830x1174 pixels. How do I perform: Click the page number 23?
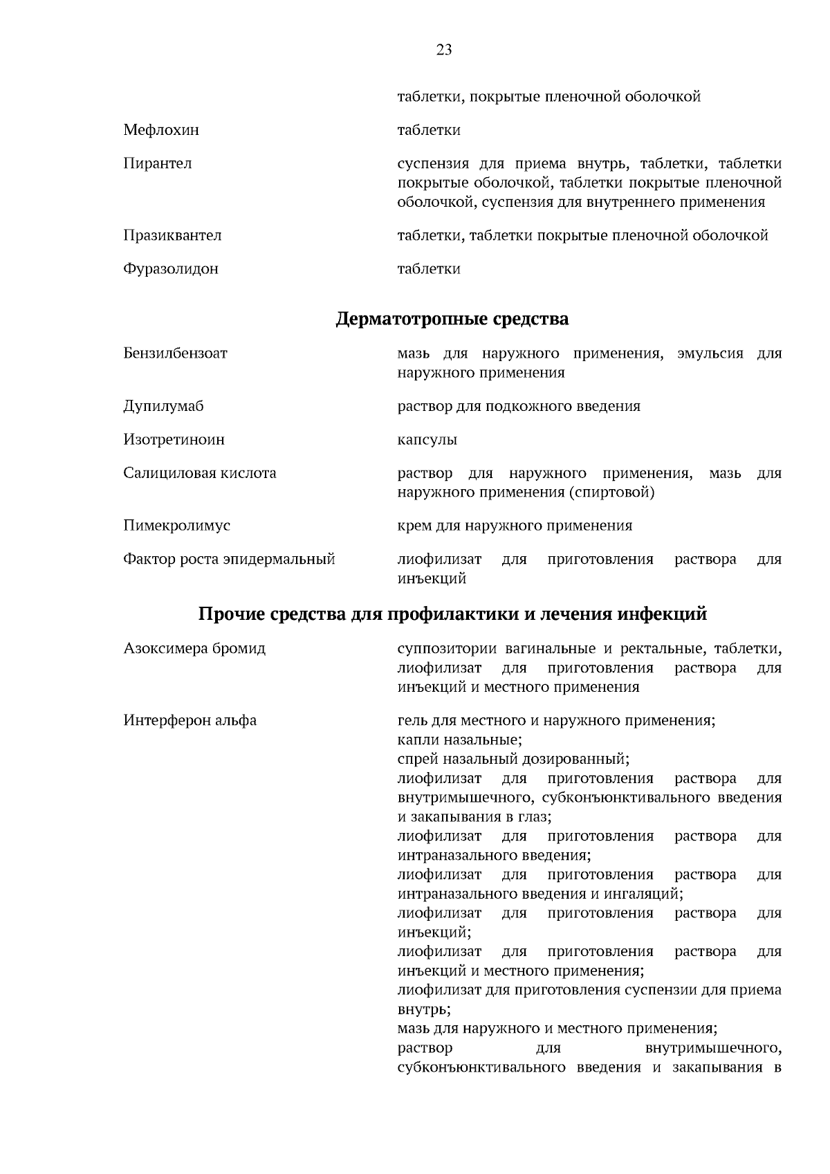[444, 50]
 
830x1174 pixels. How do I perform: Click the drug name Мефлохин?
[161, 130]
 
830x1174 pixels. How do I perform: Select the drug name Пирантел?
[158, 164]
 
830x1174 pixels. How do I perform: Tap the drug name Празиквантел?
[172, 235]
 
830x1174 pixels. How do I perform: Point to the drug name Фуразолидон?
[171, 269]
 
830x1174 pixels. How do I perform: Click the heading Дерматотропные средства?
[452, 320]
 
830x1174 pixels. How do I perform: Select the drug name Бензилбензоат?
[175, 354]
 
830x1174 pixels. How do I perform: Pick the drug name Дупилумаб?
[164, 406]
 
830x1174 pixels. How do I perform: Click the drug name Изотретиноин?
[174, 440]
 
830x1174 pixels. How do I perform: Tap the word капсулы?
[427, 440]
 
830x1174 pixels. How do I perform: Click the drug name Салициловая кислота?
[199, 473]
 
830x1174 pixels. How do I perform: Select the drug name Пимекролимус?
[176, 526]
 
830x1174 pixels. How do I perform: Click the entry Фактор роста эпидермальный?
[229, 559]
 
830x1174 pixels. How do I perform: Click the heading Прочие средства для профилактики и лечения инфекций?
[452, 614]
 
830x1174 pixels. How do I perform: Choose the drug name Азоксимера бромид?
[194, 649]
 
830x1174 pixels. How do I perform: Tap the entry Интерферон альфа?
[190, 721]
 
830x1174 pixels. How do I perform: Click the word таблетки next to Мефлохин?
[429, 130]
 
